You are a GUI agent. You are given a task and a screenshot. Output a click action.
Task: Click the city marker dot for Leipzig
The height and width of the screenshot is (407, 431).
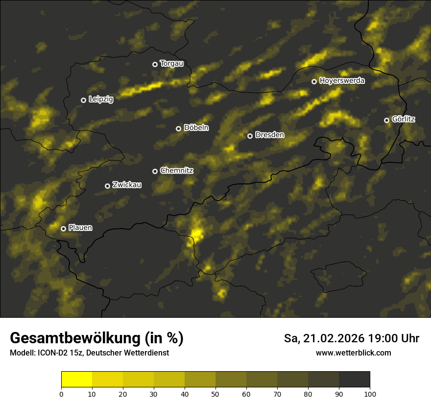coord(83,100)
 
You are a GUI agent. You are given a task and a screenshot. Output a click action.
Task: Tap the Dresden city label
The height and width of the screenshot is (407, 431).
coord(269,135)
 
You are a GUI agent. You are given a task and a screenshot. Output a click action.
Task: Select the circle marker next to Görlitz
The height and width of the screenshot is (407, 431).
coord(386,120)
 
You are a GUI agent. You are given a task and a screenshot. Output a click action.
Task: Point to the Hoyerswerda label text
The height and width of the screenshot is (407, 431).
coord(342,81)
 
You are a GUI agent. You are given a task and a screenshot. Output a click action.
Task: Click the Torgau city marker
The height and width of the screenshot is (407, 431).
coord(155,64)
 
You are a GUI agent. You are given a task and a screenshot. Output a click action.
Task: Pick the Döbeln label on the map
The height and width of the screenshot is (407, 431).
coord(196,128)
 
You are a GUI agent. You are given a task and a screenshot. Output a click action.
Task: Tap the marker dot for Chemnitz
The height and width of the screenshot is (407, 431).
coord(155,171)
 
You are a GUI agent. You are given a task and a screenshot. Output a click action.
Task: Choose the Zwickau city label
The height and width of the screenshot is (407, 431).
coord(126,185)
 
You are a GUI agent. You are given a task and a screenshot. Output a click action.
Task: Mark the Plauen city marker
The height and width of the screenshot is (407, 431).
coord(63,229)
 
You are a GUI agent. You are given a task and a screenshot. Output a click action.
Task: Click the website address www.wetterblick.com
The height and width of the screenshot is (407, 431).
coord(353,353)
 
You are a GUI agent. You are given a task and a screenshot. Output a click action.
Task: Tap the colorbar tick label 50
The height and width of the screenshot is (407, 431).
coord(215,393)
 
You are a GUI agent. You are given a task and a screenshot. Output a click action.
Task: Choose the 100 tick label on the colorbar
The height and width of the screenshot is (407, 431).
coord(370,393)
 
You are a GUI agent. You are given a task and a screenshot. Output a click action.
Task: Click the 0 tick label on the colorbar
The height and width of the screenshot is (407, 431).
coord(61,393)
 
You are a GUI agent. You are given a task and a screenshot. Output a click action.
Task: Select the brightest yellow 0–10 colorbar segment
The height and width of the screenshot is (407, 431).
coord(76,379)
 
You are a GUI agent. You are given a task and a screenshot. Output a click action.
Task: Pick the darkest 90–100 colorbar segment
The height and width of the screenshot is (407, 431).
coord(354,379)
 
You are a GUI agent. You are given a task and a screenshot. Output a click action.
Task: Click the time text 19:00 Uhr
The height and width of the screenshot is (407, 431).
coord(399,338)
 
